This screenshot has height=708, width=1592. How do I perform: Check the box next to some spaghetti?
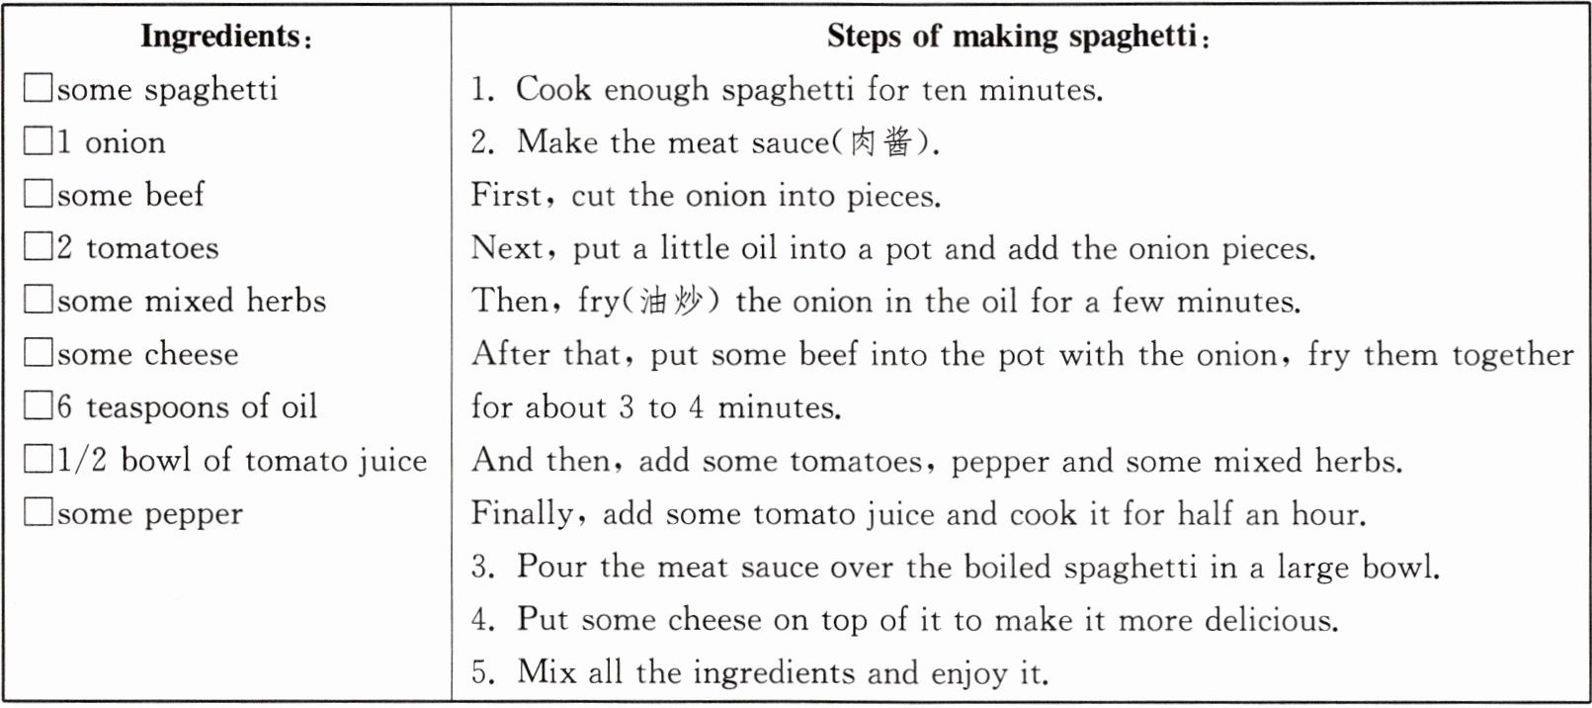[38, 88]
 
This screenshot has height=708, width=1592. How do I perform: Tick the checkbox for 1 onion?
[38, 140]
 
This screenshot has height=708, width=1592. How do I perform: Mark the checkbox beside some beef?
[38, 194]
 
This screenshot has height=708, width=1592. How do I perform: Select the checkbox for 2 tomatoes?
[38, 246]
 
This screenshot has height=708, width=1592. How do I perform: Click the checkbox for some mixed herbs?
[38, 300]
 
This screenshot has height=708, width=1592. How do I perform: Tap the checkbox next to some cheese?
[38, 353]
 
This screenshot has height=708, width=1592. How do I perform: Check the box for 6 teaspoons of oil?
[38, 405]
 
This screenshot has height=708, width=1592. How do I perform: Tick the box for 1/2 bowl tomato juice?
[38, 459]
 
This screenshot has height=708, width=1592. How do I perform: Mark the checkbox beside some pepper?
[38, 512]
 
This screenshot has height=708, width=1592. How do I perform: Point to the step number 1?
[482, 90]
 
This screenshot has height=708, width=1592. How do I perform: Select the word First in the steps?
[506, 195]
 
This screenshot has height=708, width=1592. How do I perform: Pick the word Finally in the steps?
[523, 514]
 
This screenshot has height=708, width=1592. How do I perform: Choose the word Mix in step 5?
[545, 672]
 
